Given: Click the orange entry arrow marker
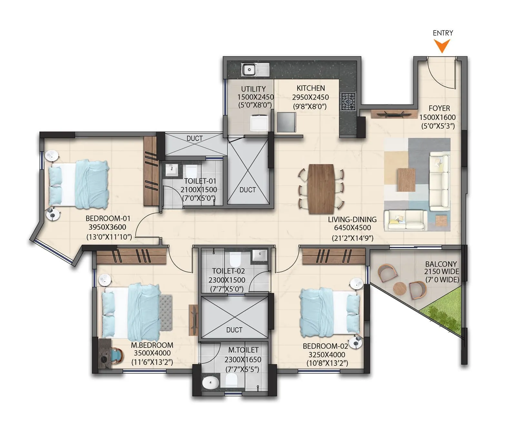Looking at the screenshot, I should click(442, 45).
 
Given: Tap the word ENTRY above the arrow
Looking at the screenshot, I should click(442, 33).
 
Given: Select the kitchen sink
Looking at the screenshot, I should click(249, 70).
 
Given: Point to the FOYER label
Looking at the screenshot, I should click(439, 108).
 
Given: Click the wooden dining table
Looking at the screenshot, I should click(321, 189).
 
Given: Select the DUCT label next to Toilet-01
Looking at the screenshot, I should click(247, 190).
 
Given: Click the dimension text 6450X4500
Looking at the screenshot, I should click(352, 228).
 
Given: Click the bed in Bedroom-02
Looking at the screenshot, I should click(329, 312).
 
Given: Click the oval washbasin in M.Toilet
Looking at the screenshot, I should click(211, 383).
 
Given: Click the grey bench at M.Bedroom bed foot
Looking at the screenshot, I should click(166, 312).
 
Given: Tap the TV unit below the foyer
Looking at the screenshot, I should click(391, 114).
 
